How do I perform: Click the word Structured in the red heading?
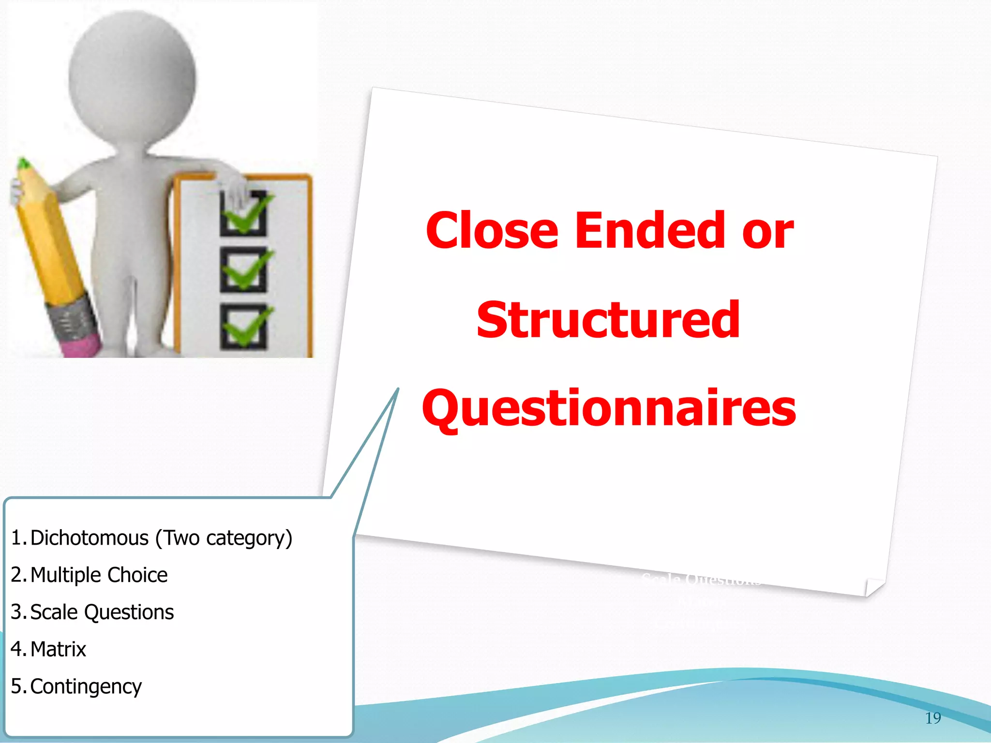pyautogui.click(x=608, y=320)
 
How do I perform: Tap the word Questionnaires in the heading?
pyautogui.click(x=609, y=409)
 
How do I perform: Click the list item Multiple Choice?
pyautogui.click(x=99, y=575)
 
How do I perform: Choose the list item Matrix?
pyautogui.click(x=58, y=649)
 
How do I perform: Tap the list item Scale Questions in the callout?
pyautogui.click(x=102, y=612)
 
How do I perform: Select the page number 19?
pyautogui.click(x=933, y=718)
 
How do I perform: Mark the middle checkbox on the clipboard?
pyautogui.click(x=243, y=269)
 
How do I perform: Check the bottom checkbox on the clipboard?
pyautogui.click(x=243, y=327)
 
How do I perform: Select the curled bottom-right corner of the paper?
pyautogui.click(x=874, y=587)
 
